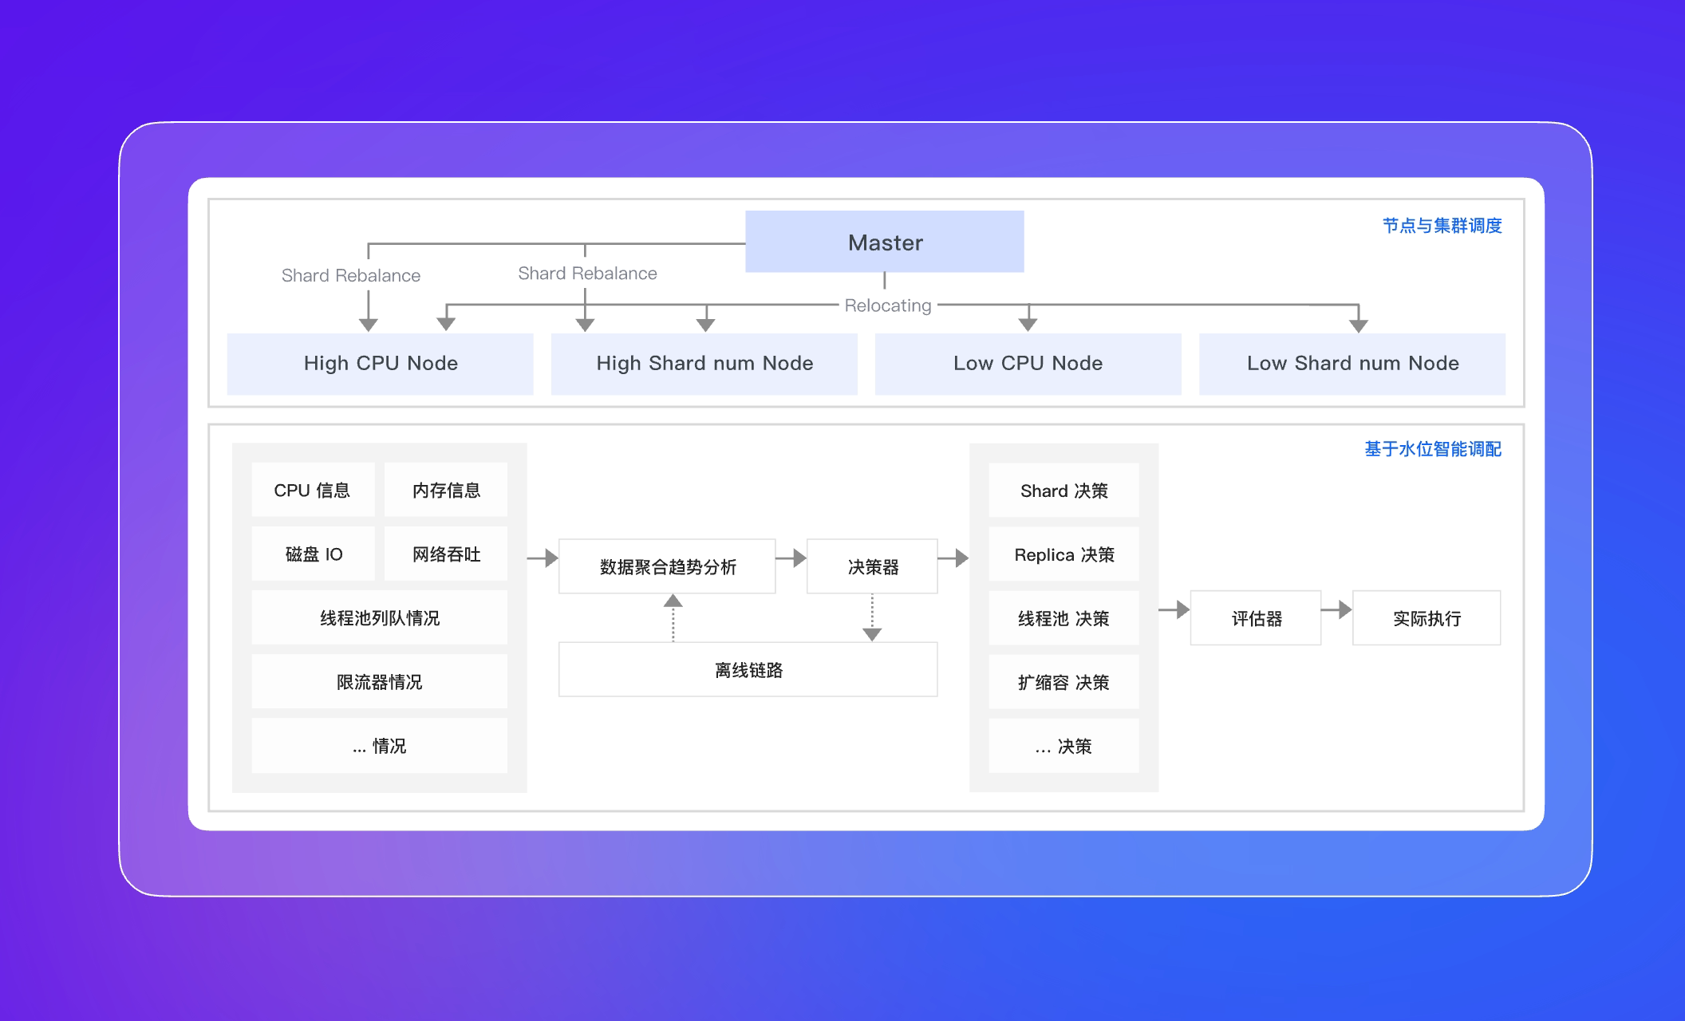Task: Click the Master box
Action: pos(884,242)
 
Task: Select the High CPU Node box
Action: pos(380,364)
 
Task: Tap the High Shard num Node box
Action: pos(704,364)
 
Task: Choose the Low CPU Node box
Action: pos(1028,364)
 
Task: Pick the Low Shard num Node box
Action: pos(1352,364)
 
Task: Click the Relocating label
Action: pos(888,306)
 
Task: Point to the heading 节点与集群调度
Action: pos(1442,226)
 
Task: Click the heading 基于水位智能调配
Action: pos(1433,449)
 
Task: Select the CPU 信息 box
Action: pos(313,490)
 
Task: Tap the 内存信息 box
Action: pos(446,490)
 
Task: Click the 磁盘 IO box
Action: pos(313,554)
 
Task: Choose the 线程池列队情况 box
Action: pos(380,617)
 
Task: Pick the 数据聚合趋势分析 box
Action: pos(667,566)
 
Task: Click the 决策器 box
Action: pos(872,566)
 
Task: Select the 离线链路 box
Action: pos(748,669)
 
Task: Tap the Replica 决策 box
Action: pos(1063,554)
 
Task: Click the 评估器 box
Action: pos(1256,618)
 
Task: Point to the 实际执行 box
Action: pos(1427,618)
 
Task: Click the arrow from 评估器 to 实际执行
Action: pos(1337,610)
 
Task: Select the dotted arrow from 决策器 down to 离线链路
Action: pos(872,617)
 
